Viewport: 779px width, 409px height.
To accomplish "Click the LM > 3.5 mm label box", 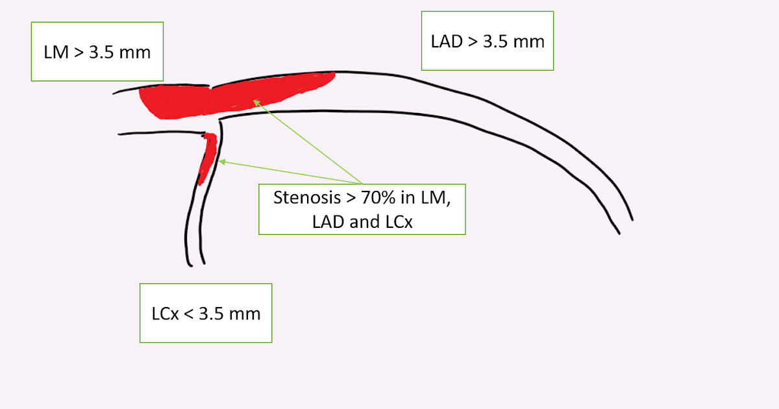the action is click(97, 51).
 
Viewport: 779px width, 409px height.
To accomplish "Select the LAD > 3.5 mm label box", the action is click(487, 40).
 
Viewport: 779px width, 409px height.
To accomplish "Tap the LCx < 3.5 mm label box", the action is click(206, 313).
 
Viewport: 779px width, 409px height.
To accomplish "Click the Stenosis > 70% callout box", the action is click(362, 209).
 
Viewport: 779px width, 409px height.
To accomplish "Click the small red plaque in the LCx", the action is click(207, 156).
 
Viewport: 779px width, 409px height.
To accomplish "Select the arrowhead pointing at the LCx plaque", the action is click(221, 162).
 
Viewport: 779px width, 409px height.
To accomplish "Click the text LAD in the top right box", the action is click(445, 42).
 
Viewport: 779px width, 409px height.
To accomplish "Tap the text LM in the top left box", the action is click(55, 53).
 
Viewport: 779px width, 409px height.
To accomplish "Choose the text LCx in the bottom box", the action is click(164, 314).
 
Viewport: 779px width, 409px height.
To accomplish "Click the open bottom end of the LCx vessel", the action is click(197, 264).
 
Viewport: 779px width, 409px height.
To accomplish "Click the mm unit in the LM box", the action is click(136, 53).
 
